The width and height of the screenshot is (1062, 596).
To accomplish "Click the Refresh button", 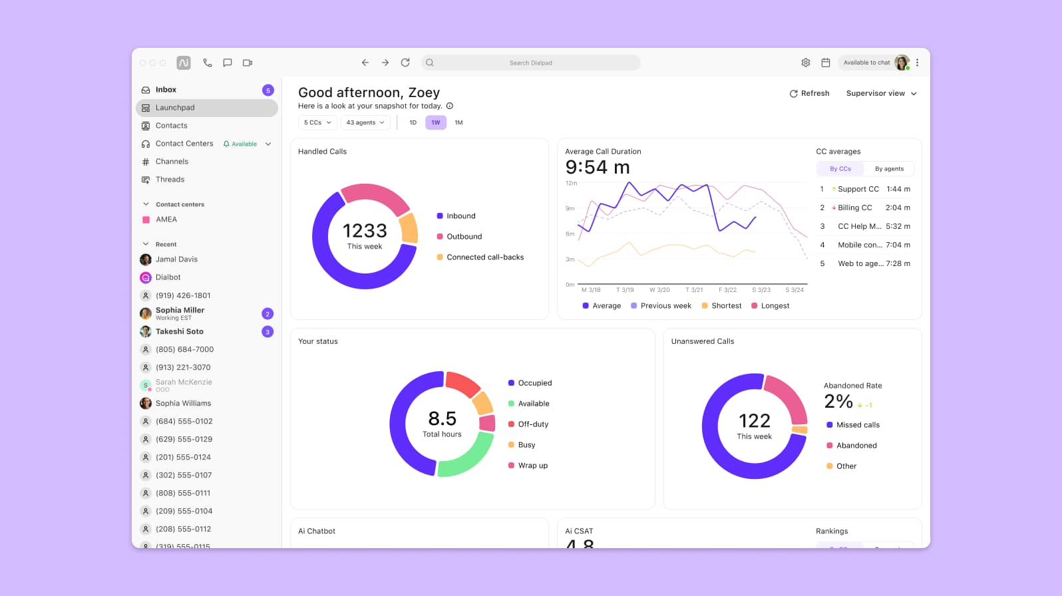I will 809,94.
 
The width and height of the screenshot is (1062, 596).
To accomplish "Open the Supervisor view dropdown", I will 881,94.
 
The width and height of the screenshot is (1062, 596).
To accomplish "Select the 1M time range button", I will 458,123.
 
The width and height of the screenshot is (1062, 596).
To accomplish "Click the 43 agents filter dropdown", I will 365,123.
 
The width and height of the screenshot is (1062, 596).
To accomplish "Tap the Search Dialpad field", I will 531,63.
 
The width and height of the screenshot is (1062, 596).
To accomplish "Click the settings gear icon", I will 805,63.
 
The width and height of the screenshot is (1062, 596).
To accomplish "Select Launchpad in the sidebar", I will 175,108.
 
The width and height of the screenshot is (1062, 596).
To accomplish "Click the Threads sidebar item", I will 170,180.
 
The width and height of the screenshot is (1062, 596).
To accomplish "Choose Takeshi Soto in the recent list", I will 180,332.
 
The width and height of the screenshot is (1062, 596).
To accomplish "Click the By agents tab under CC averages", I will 889,169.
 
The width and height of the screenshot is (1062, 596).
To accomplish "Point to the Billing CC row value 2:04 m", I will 898,208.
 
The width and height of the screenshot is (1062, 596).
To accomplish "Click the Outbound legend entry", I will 464,237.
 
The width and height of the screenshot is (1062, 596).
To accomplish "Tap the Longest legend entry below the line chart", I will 775,306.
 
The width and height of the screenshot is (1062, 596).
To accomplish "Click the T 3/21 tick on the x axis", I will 694,290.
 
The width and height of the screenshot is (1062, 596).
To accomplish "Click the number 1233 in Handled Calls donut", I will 365,231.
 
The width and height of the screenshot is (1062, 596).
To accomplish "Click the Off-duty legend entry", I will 532,424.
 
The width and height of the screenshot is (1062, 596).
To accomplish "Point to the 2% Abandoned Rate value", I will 838,402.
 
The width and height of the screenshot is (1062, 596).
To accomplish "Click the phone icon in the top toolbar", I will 208,63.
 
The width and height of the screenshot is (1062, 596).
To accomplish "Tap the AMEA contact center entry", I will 166,220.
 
